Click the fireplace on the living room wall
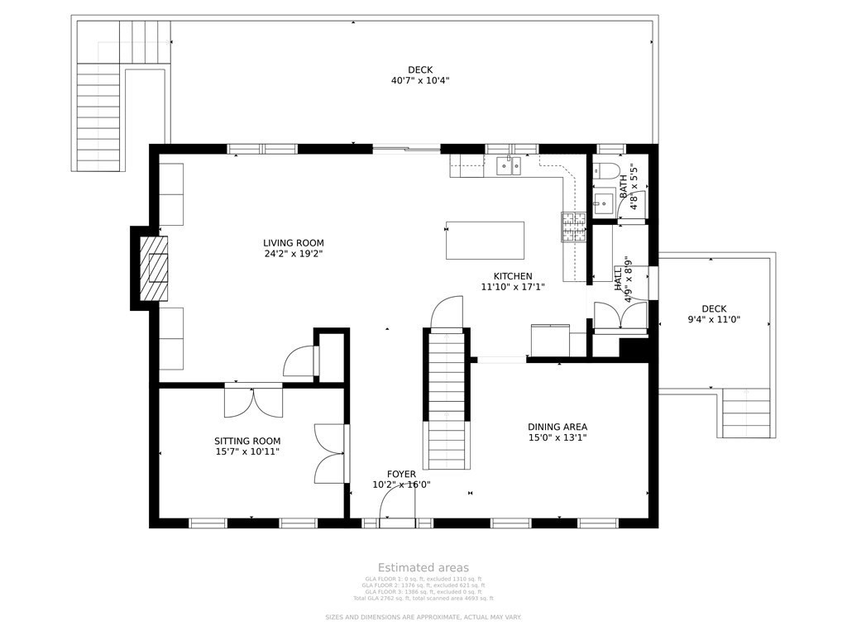click(x=153, y=269)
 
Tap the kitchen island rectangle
click(x=485, y=241)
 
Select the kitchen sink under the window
click(x=508, y=167)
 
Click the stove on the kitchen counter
click(x=572, y=227)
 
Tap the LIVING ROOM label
click(x=294, y=243)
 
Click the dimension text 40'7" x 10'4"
click(x=420, y=81)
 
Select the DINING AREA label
click(x=557, y=427)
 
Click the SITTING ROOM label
click(x=247, y=441)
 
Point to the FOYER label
click(x=401, y=475)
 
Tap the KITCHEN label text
click(x=513, y=276)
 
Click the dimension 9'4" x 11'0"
click(x=714, y=319)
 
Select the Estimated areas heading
click(x=423, y=567)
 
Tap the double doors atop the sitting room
click(x=254, y=400)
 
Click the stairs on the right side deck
click(x=749, y=413)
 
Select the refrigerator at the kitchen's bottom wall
click(x=550, y=339)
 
